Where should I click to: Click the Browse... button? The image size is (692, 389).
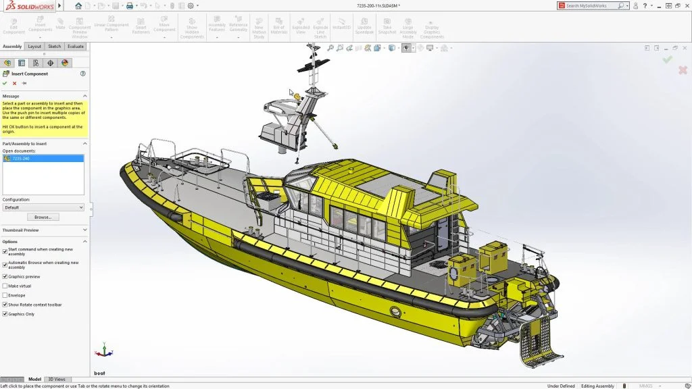pos(43,217)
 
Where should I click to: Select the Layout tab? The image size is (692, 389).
pos(34,47)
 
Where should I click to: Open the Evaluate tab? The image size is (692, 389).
pos(76,47)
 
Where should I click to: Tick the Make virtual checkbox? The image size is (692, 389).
pos(5,286)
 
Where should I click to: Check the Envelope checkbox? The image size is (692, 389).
pos(5,295)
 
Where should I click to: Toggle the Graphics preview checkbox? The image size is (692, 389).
pos(5,276)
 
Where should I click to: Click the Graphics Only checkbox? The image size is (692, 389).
pos(5,314)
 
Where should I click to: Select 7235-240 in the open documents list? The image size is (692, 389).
pos(20,159)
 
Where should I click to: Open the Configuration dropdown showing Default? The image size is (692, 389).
pos(43,207)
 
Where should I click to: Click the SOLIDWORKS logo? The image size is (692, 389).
pos(27,5)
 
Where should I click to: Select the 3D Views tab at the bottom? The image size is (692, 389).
pos(57,380)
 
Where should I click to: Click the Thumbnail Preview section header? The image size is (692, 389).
pos(21,230)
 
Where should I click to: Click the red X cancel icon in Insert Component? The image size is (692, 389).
pos(14,83)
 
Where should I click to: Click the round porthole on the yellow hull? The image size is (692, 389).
pos(396,313)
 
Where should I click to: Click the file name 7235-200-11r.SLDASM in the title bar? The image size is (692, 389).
pos(378,5)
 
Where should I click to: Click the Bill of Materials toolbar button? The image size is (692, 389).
pos(279,29)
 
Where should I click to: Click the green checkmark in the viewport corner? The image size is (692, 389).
pos(667,59)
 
